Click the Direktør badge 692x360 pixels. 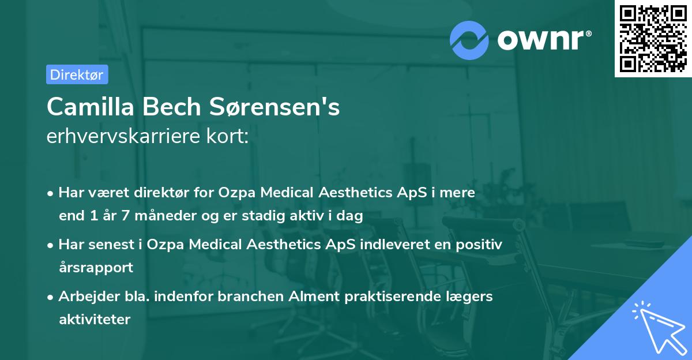(77, 74)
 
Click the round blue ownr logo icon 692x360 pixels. (469, 40)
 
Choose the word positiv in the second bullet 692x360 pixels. (479, 244)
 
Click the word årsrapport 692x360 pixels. (96, 268)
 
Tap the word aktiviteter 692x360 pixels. (95, 319)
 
